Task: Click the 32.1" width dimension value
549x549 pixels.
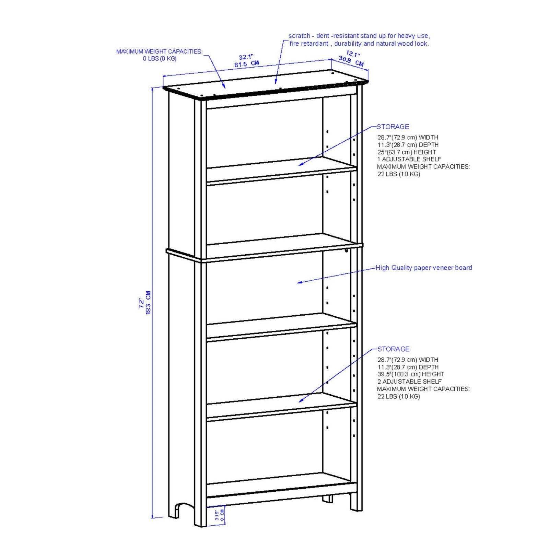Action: coord(246,57)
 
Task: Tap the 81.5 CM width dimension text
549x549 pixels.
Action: coord(247,64)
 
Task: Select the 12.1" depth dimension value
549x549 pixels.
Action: coord(353,54)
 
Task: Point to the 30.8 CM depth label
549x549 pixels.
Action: coord(351,61)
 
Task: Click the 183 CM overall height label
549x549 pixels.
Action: coord(148,303)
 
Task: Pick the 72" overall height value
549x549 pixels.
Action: coord(141,303)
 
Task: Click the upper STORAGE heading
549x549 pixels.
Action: coord(393,127)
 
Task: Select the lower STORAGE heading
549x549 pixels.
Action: coord(394,349)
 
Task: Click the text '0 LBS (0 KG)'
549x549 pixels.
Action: coord(160,59)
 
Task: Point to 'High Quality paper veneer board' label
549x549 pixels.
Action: coord(424,268)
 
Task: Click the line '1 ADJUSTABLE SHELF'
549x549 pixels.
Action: coord(409,159)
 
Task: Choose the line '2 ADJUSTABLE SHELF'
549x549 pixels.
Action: coord(409,382)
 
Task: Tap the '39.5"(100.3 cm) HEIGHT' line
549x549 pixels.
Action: coord(411,374)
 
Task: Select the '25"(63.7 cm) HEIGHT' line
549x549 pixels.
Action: coord(407,152)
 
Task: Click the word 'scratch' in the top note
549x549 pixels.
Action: coord(299,36)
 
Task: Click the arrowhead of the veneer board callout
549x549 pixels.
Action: coord(299,282)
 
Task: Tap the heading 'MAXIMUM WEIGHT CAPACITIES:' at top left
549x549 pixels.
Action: coord(159,51)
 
